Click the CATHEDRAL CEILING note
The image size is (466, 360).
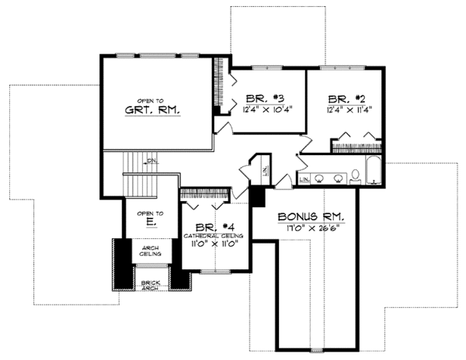coord(214,234)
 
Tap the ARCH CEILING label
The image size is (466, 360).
coord(151,250)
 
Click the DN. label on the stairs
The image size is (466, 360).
coord(152,161)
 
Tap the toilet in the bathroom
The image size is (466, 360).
coord(355,175)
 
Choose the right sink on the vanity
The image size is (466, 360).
coord(338,177)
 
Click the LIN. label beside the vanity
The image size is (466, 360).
coord(303,180)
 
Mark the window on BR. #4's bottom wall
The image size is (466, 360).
coord(211,271)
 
